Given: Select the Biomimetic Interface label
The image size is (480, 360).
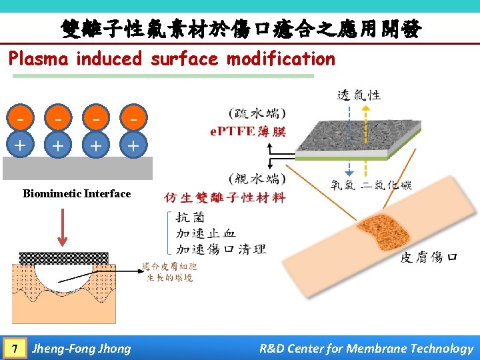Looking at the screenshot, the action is point(77,194).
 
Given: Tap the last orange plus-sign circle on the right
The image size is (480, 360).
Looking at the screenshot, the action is point(134,145).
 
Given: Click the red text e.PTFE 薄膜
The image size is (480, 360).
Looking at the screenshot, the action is point(247,131).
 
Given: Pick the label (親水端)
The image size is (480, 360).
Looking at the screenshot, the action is point(257,179).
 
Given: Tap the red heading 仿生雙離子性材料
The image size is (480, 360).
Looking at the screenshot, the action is point(225,198).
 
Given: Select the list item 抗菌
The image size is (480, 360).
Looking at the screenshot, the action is point(190,217).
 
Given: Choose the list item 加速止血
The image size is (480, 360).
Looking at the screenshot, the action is point(206,233).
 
